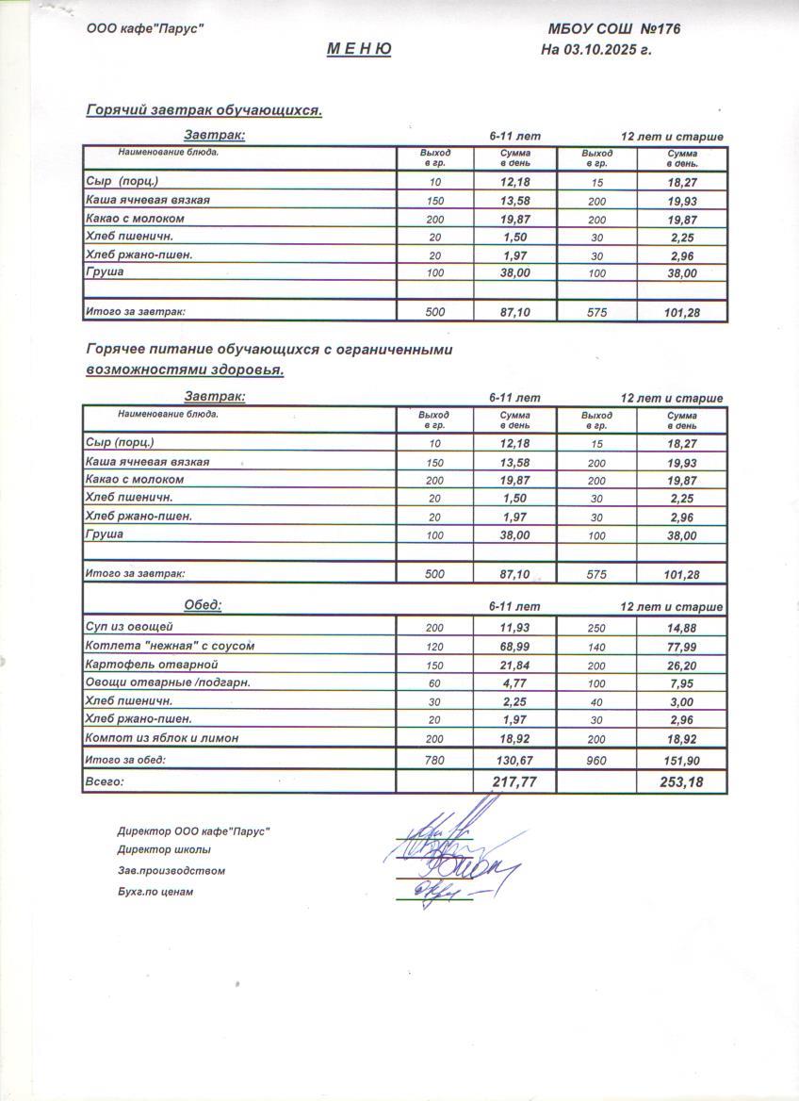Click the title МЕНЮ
tap(359, 50)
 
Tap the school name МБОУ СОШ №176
tap(613, 29)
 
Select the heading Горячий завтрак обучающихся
tap(204, 110)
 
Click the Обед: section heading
tap(203, 605)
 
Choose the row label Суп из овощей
tap(129, 626)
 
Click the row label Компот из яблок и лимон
tap(161, 737)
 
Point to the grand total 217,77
tap(514, 781)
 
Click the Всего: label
tap(105, 781)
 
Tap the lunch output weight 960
tap(596, 760)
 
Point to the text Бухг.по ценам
tap(155, 891)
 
